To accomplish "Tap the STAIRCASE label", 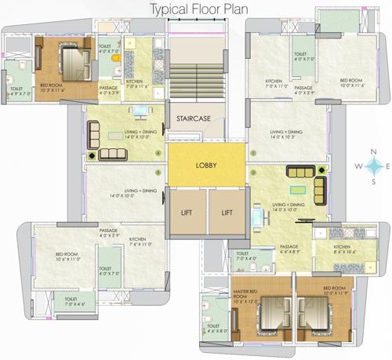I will click(193, 119).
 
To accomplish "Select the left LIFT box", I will click(186, 213).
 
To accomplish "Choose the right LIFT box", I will click(227, 213).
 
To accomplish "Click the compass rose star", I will click(376, 166).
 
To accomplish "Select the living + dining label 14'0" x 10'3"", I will click(287, 135).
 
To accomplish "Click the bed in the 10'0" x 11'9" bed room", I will click(315, 313).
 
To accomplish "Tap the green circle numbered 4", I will click(160, 154).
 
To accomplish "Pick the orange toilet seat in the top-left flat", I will click(116, 56).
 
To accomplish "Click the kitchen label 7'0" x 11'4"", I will click(136, 84).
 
